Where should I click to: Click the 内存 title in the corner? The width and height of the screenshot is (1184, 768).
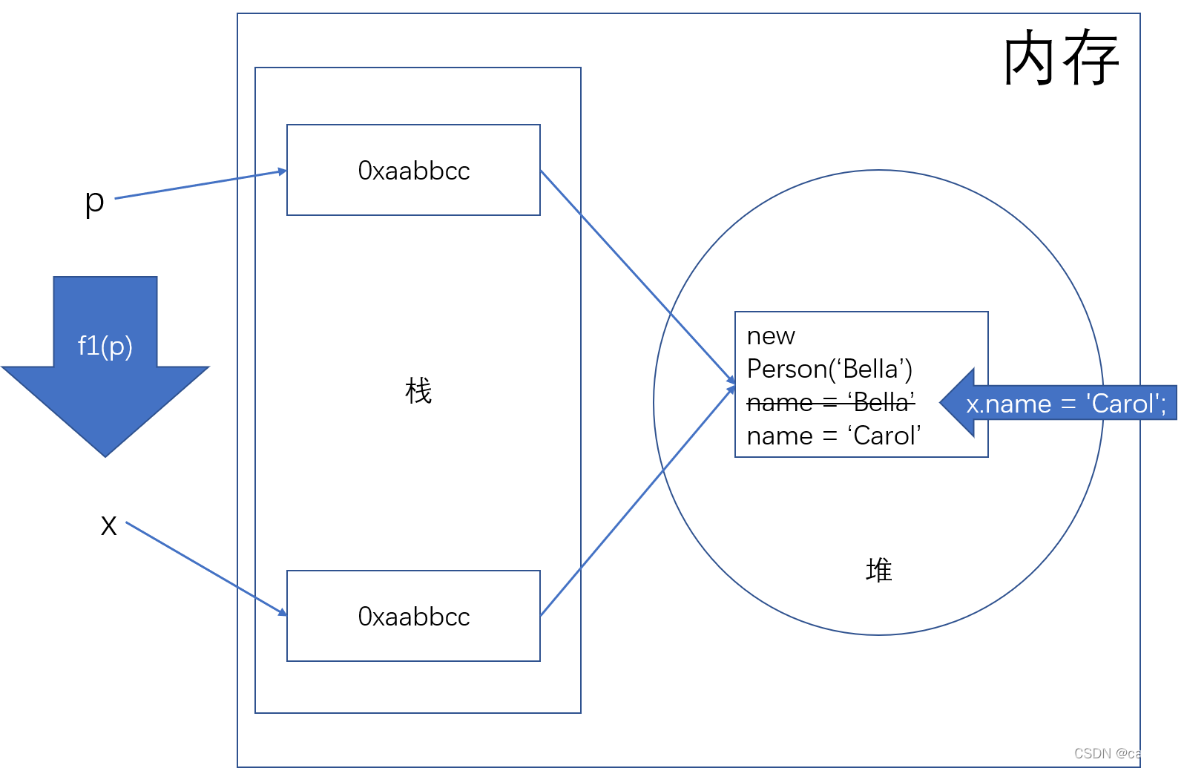(1061, 58)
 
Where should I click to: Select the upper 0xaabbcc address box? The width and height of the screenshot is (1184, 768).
(413, 171)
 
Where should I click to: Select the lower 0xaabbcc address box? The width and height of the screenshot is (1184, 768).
(413, 616)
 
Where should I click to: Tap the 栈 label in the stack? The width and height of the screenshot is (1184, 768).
(418, 391)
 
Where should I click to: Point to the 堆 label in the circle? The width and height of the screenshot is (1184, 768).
(879, 571)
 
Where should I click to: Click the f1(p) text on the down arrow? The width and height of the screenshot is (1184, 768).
(105, 346)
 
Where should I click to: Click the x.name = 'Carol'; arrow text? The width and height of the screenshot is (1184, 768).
(1065, 404)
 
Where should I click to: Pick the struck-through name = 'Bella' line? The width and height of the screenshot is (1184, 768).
(830, 402)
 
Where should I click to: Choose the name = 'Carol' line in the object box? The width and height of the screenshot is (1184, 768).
(834, 436)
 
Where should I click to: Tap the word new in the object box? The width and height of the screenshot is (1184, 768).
(771, 336)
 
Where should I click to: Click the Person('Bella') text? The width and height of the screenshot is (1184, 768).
(829, 369)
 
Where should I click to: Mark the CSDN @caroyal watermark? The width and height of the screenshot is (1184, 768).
(1122, 753)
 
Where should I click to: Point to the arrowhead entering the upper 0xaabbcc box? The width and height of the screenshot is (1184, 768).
(283, 171)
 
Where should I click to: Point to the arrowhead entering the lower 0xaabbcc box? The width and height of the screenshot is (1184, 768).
(283, 613)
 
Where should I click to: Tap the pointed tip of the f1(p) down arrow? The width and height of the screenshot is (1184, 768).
(105, 455)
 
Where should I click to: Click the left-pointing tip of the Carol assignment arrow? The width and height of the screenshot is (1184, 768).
(942, 402)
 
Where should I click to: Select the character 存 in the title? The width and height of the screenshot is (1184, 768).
(1091, 58)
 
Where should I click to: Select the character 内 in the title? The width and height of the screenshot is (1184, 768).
(1030, 58)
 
